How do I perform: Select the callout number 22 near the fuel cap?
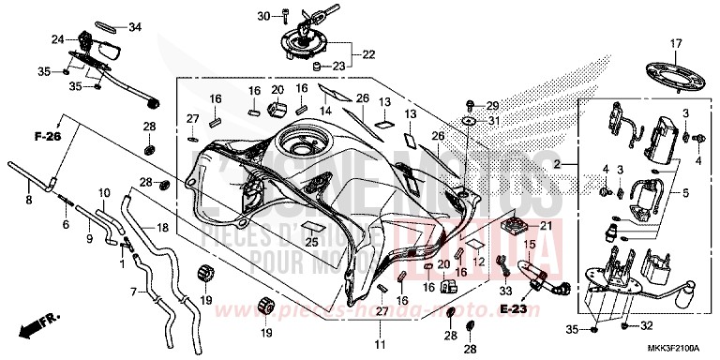[368, 53]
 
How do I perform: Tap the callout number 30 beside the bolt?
[262, 16]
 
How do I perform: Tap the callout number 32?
[646, 326]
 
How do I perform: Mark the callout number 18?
[163, 228]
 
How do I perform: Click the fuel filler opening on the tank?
[306, 149]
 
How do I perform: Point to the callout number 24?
[57, 39]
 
